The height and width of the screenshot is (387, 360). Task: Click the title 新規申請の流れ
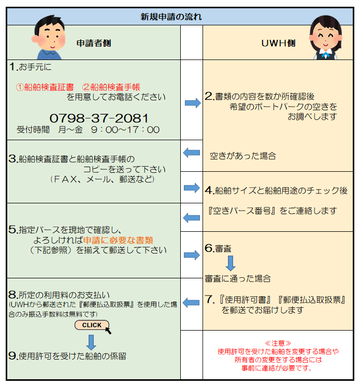pyautogui.click(x=171, y=17)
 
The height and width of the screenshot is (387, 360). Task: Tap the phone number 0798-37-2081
pyautogui.click(x=99, y=118)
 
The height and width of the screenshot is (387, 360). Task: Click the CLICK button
pyautogui.click(x=92, y=325)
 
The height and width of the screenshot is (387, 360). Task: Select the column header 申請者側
pyautogui.click(x=94, y=43)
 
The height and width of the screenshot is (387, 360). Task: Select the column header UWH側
pyautogui.click(x=279, y=43)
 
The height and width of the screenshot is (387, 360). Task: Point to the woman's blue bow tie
pyautogui.click(x=325, y=54)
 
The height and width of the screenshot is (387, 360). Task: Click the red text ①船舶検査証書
pyautogui.click(x=45, y=87)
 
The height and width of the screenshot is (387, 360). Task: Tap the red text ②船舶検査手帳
pyautogui.click(x=111, y=87)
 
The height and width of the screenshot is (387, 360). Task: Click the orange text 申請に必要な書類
pyautogui.click(x=118, y=240)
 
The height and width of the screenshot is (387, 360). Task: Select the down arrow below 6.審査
pyautogui.click(x=231, y=263)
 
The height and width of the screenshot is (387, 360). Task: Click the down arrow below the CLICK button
pyautogui.click(x=91, y=343)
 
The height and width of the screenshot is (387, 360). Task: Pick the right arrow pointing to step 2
pyautogui.click(x=193, y=102)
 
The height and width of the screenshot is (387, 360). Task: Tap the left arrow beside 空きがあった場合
pyautogui.click(x=192, y=153)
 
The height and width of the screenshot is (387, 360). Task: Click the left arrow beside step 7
pyautogui.click(x=191, y=303)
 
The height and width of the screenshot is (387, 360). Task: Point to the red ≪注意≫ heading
pyautogui.click(x=278, y=343)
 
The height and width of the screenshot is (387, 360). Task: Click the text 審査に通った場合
pyautogui.click(x=238, y=279)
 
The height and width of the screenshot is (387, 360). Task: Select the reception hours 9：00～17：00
pyautogui.click(x=125, y=129)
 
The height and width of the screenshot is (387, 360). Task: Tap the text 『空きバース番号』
pyautogui.click(x=242, y=211)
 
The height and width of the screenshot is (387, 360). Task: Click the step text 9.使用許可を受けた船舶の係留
pyautogui.click(x=67, y=356)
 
